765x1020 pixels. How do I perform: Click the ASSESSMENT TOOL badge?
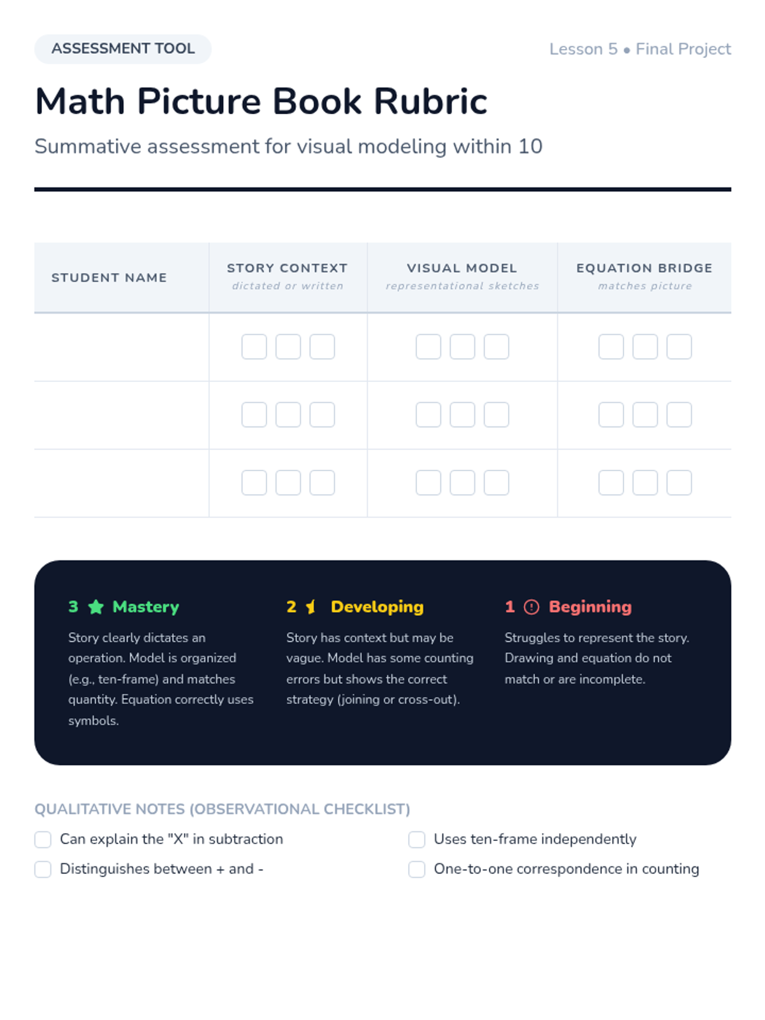click(x=122, y=49)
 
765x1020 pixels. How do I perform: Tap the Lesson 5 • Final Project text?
click(x=639, y=49)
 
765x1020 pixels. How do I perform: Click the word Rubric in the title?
click(x=430, y=101)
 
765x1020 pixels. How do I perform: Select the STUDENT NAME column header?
click(x=109, y=278)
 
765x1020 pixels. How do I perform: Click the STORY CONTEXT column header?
click(x=288, y=268)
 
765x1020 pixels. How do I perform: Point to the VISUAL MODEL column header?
click(x=462, y=268)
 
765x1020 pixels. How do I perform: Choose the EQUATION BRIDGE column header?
click(x=644, y=268)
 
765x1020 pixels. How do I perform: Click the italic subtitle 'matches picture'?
click(x=645, y=286)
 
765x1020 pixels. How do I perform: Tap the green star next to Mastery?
click(x=96, y=607)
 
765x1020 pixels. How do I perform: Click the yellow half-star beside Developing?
click(x=310, y=607)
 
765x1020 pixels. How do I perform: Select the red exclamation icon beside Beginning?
click(x=531, y=607)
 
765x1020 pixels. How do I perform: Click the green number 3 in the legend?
click(x=73, y=607)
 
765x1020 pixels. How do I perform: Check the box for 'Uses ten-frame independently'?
click(x=417, y=840)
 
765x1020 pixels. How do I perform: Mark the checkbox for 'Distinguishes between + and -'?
click(x=43, y=870)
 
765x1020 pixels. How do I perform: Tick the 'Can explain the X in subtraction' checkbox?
click(x=43, y=840)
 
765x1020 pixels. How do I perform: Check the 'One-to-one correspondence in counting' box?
click(x=417, y=870)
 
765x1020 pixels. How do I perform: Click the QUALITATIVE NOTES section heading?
click(x=222, y=809)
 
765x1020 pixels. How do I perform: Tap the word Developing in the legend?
click(x=377, y=607)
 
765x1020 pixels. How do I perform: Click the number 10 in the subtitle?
click(x=530, y=147)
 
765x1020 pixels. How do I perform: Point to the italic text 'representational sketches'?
click(x=462, y=286)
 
